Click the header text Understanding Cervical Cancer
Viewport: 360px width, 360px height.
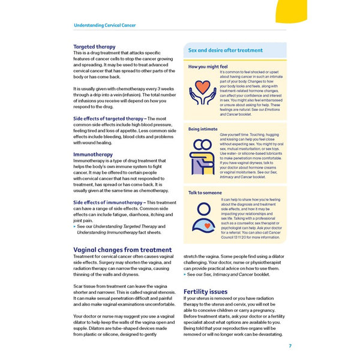pos(104,25)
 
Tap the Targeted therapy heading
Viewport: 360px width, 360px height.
pos(94,46)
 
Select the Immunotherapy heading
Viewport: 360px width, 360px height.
pos(92,154)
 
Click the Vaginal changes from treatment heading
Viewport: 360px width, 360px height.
pos(122,250)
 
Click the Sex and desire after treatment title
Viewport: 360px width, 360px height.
pos(225,50)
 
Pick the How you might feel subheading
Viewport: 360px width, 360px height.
pos(208,67)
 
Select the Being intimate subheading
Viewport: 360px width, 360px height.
pos(203,128)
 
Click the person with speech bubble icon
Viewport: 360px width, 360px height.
pos(202,217)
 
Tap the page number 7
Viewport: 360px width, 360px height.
pos(290,346)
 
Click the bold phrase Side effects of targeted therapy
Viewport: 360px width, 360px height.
pos(109,119)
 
